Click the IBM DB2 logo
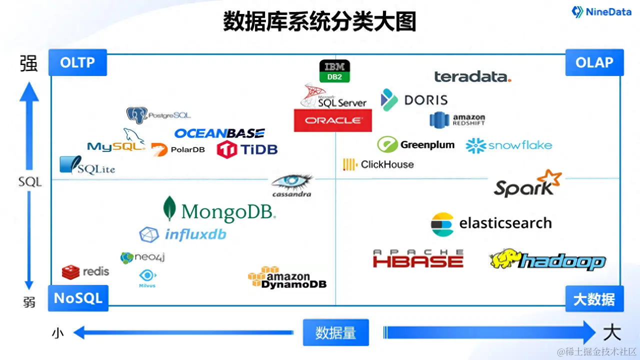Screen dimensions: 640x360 pos(334,71)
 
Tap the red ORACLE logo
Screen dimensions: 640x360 pos(333,120)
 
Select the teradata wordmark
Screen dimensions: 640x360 pos(472,76)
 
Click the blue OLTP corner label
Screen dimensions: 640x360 pos(77,62)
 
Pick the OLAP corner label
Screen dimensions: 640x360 pos(594,62)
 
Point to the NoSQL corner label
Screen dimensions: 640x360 pos(77,298)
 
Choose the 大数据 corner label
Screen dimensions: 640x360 pos(594,299)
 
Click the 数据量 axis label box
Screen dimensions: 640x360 pos(335,332)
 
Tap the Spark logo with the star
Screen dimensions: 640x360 pos(527,183)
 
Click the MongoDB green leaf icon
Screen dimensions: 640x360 pos(170,208)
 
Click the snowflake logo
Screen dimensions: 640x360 pos(508,145)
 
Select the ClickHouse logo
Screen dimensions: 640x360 pos(378,164)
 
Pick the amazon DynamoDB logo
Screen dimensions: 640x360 pos(287,278)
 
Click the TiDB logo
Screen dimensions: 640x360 pos(247,149)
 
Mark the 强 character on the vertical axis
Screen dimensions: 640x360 pos(29,63)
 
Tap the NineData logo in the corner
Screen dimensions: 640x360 pos(601,12)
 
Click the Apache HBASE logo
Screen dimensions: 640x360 pos(418,259)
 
